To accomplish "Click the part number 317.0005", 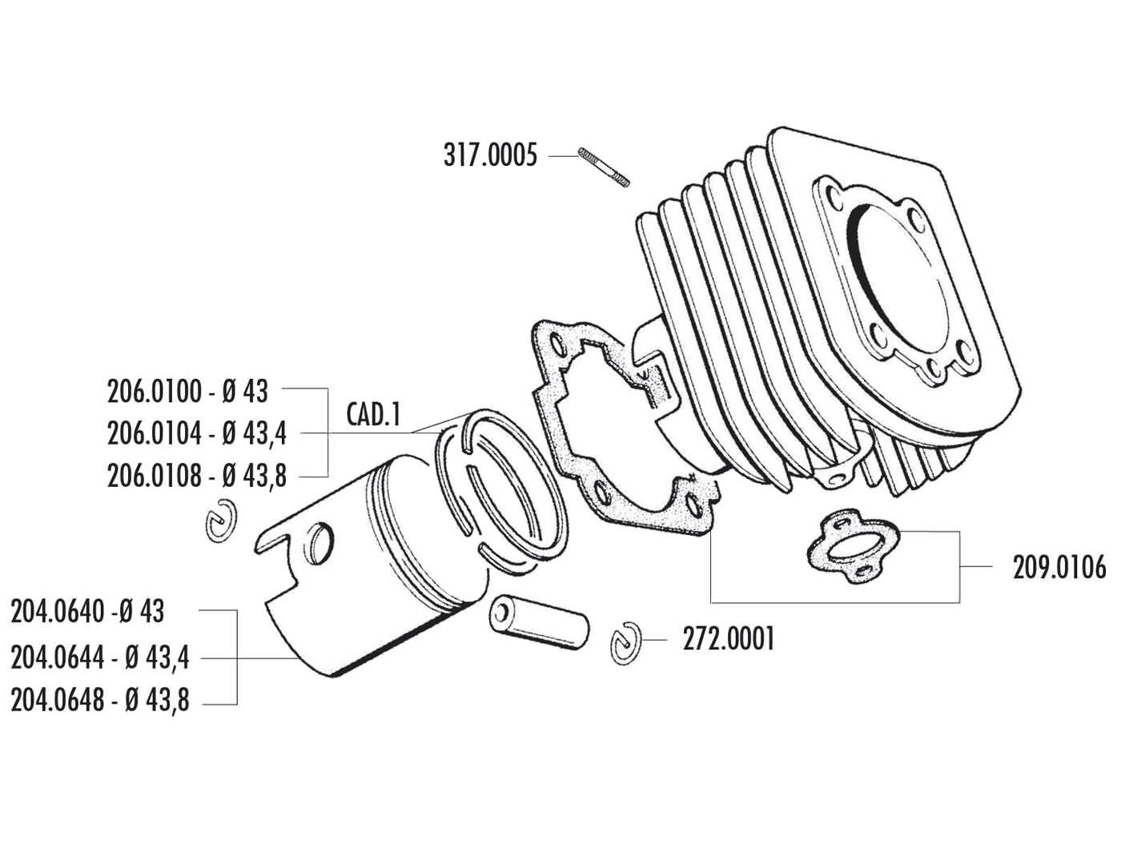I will coord(490,155).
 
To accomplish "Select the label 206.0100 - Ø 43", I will coord(187,392).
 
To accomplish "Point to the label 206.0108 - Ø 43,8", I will coord(196,477).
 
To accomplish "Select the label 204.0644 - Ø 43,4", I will coord(100,658).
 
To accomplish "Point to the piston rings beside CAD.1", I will coord(496,489).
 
